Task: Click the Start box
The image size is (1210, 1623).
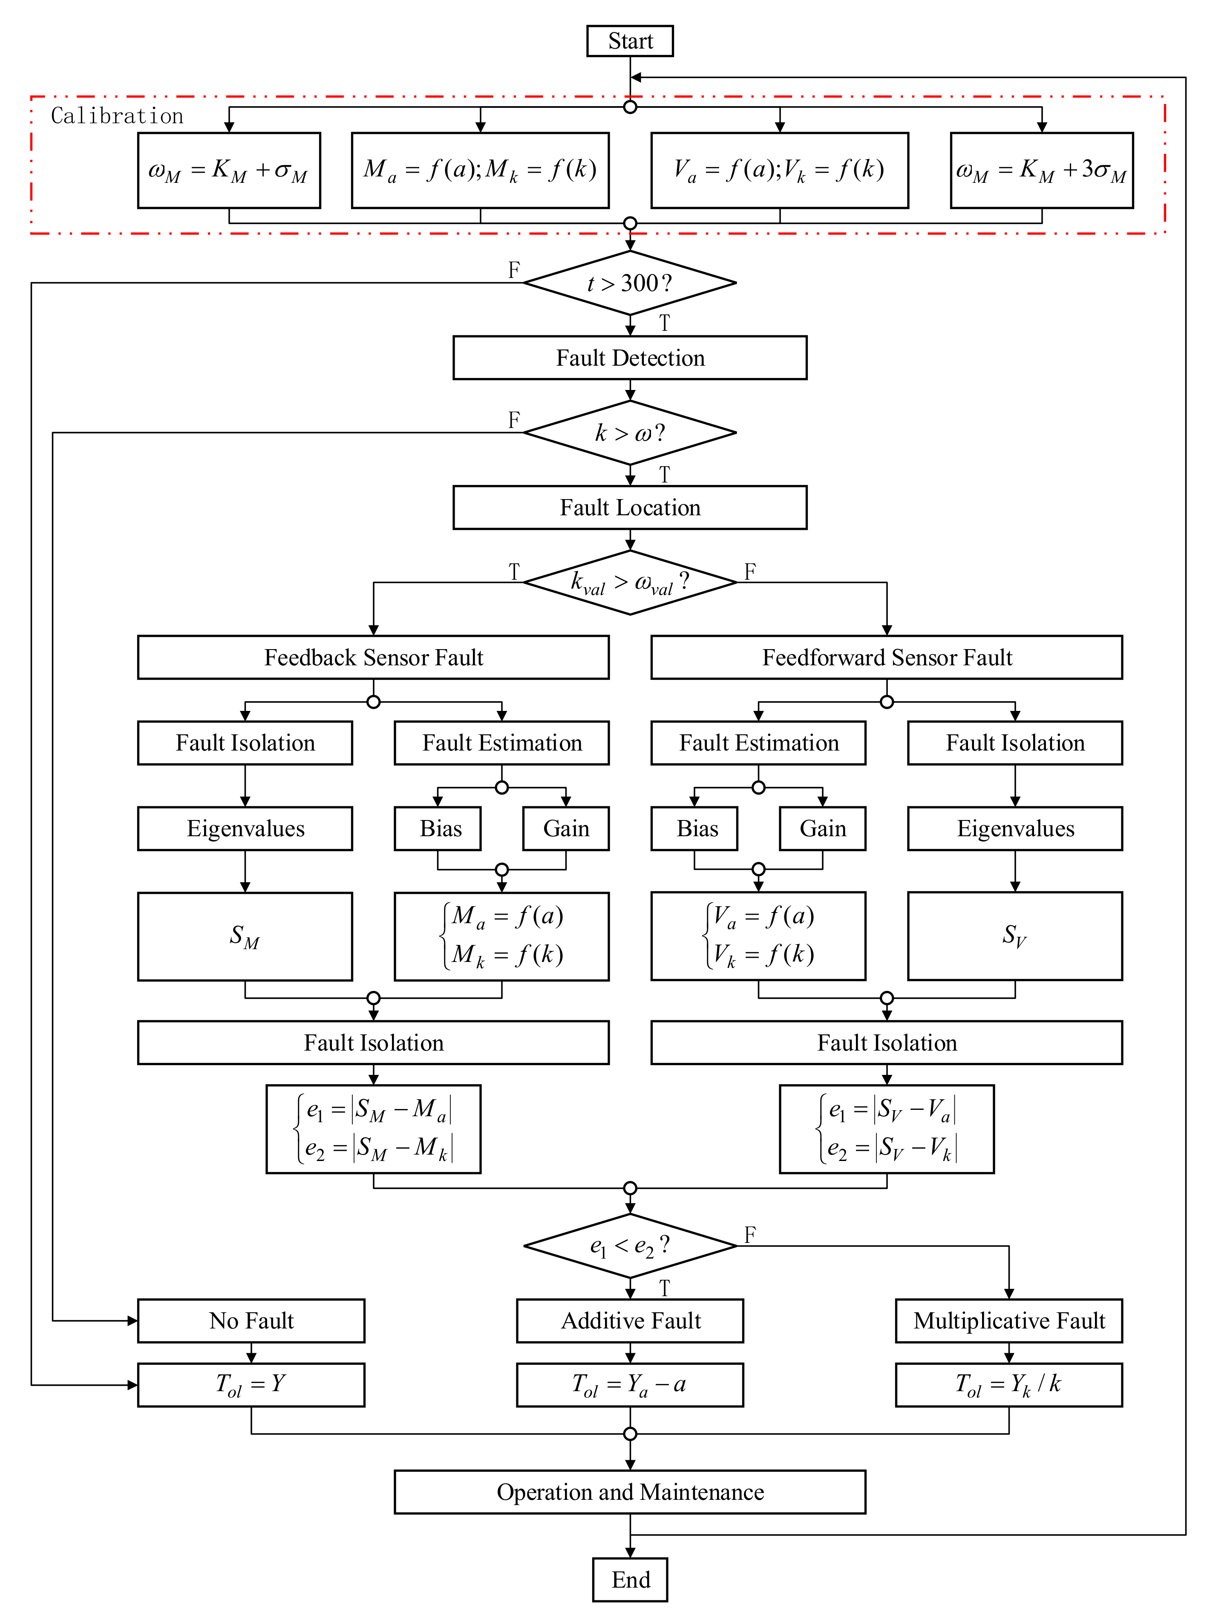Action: (629, 41)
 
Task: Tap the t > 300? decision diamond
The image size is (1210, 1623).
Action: (629, 283)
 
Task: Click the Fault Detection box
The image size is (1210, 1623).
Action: (629, 358)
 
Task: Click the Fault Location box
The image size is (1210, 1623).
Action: (629, 507)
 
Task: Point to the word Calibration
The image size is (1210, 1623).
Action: (117, 116)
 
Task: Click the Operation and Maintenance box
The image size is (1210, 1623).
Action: (629, 1492)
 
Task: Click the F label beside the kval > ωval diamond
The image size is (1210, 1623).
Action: (749, 572)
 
